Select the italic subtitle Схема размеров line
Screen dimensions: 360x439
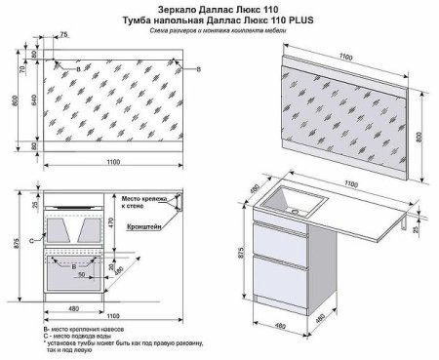(220, 31)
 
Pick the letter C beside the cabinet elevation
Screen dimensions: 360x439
(32, 239)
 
